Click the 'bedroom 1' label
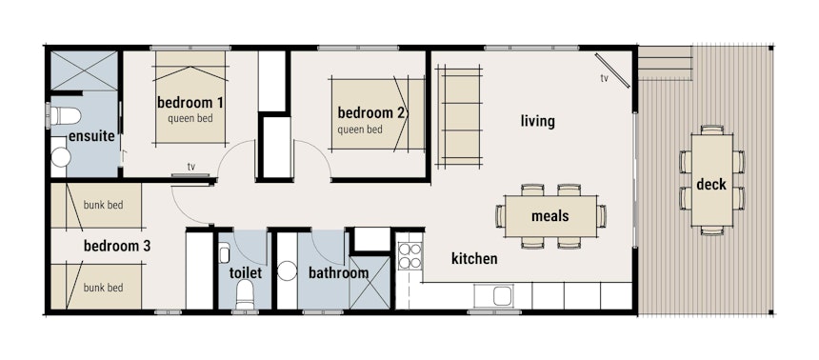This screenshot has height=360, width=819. (x=190, y=103)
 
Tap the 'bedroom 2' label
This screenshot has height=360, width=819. (x=372, y=113)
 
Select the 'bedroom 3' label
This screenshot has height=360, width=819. (x=117, y=246)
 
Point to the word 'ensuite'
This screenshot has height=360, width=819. (x=91, y=137)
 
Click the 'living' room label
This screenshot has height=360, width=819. (x=537, y=122)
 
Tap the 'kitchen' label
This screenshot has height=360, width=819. (x=474, y=258)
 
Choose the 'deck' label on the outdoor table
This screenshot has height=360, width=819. (x=711, y=185)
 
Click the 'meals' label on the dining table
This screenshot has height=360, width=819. (x=550, y=216)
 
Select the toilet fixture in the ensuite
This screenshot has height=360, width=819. (x=63, y=115)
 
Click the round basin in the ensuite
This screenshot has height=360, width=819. (x=61, y=157)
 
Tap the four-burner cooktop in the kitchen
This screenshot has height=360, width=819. (x=410, y=255)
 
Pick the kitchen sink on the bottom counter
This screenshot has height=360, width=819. (x=493, y=296)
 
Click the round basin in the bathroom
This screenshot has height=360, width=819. (x=287, y=271)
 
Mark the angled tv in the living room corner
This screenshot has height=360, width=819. (x=612, y=70)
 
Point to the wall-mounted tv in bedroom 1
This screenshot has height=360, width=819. (x=191, y=175)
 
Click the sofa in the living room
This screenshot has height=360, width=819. (x=459, y=117)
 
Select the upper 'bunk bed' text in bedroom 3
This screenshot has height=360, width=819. (x=104, y=206)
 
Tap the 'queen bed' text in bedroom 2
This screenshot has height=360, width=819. (x=360, y=130)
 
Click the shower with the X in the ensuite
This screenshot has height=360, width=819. (x=84, y=70)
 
